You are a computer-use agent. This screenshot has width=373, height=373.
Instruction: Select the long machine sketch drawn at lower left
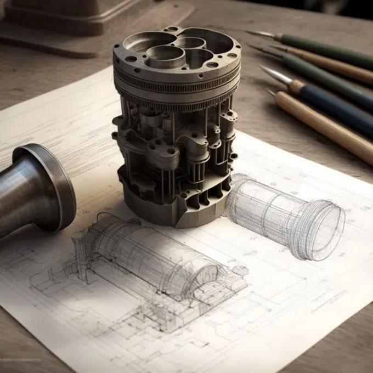pyautogui.click(x=154, y=263)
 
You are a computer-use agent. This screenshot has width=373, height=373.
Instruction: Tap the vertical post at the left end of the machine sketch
pyautogui.click(x=80, y=252)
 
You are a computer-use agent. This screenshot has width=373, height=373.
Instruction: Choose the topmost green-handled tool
pyautogui.click(x=329, y=49)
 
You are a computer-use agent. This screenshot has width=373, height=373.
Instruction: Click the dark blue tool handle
pyautogui.click(x=340, y=110)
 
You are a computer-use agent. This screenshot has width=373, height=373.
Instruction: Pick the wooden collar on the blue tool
pyautogui.click(x=297, y=86)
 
